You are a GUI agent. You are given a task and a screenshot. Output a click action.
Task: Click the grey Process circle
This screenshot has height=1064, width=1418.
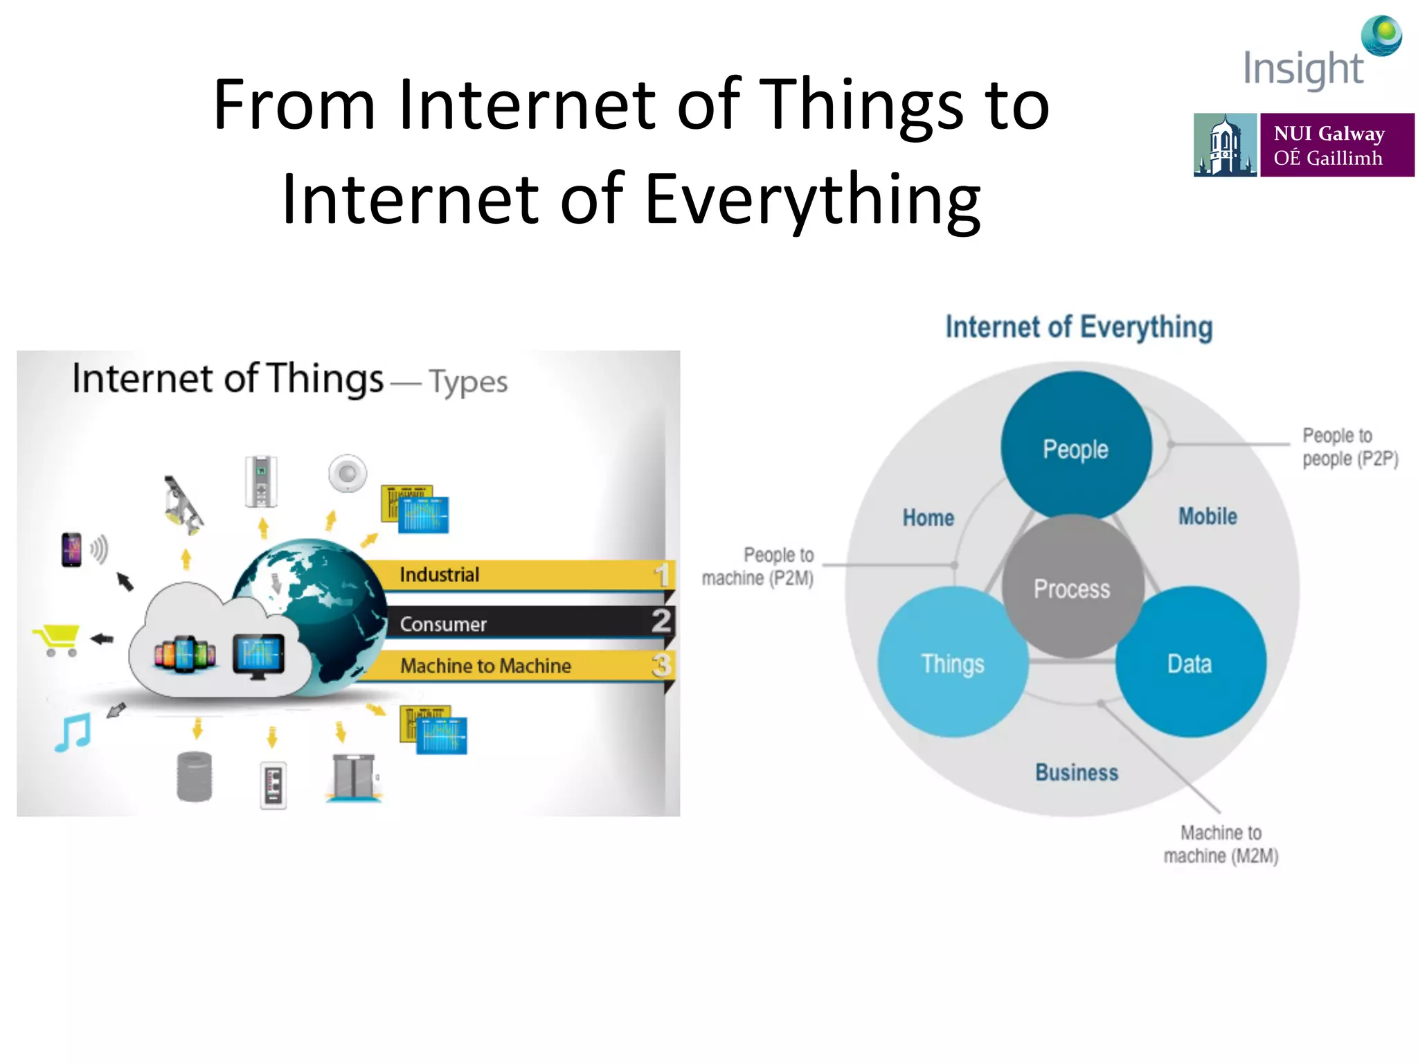click(x=1072, y=587)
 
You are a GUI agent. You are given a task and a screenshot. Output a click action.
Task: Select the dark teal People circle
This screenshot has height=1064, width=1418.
click(x=1075, y=447)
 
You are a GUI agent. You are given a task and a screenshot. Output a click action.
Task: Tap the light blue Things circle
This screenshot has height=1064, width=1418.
click(x=953, y=663)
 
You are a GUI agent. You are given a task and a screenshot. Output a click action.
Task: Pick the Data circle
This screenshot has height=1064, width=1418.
click(x=1190, y=663)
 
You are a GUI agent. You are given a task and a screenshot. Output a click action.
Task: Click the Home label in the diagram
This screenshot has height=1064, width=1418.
click(x=928, y=517)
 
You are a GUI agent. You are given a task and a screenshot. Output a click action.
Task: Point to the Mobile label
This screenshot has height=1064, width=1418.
click(x=1208, y=516)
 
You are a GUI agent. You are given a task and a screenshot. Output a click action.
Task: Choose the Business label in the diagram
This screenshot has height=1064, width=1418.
click(x=1077, y=772)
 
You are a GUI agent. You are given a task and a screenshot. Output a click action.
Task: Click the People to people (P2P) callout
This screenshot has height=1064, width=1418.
click(x=1349, y=447)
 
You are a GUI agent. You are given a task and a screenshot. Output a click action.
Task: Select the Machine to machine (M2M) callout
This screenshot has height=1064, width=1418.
click(x=1221, y=844)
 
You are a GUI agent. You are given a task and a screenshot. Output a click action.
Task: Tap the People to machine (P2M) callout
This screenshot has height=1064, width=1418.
click(x=759, y=566)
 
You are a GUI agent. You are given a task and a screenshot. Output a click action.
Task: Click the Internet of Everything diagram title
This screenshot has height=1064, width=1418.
click(x=1079, y=327)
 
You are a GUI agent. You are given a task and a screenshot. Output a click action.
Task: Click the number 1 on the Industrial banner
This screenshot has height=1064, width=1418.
click(x=662, y=575)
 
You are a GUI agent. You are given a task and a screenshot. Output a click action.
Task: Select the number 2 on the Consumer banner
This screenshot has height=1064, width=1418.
click(x=661, y=621)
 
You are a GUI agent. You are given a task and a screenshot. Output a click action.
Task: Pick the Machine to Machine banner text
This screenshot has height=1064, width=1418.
click(x=485, y=666)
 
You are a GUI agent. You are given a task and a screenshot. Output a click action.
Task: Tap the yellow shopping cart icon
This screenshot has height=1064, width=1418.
click(x=57, y=639)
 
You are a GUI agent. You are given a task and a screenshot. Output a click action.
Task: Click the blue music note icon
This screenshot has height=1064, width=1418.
click(x=73, y=732)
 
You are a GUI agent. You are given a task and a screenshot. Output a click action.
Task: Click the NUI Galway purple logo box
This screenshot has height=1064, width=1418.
click(x=1336, y=145)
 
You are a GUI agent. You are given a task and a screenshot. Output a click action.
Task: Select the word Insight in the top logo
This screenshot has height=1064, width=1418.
click(x=1302, y=69)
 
